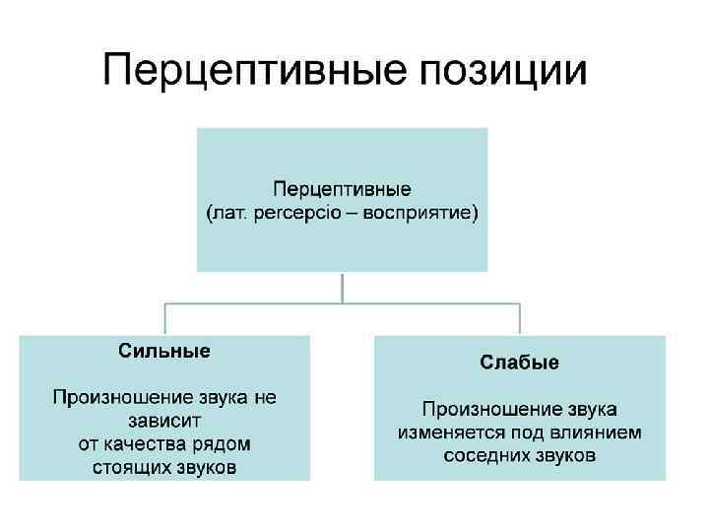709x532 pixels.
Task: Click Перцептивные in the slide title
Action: pyautogui.click(x=254, y=72)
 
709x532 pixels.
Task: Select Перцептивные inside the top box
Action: pyautogui.click(x=342, y=188)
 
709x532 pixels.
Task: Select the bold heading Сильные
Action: pyautogui.click(x=164, y=350)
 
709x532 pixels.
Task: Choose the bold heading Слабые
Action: pyautogui.click(x=519, y=363)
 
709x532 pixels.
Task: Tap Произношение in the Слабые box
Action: pyautogui.click(x=482, y=409)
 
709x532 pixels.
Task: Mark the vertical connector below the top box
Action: pyautogui.click(x=342, y=287)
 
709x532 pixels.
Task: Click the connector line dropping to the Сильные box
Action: pyautogui.click(x=164, y=318)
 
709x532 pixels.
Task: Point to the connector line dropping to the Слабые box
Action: pyautogui.click(x=519, y=318)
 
